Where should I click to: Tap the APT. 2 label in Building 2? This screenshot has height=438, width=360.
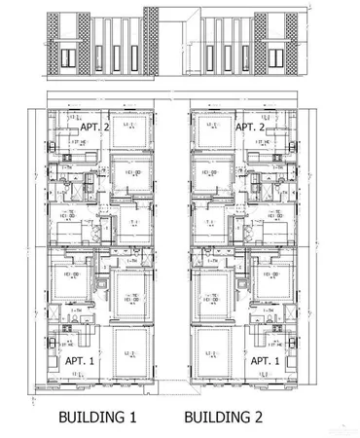tap(250, 128)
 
